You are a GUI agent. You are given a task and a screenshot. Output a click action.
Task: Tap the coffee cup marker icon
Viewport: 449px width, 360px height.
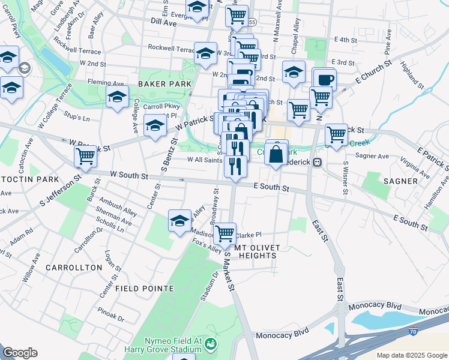[325, 79]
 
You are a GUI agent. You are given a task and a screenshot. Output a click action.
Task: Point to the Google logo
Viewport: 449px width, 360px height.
[20, 353]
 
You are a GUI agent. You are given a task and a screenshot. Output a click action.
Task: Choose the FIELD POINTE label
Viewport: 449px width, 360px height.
[145, 289]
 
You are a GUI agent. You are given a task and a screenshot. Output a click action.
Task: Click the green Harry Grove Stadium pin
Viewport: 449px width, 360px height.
[211, 344]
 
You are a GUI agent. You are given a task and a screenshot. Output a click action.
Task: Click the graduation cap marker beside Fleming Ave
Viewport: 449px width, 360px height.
[118, 97]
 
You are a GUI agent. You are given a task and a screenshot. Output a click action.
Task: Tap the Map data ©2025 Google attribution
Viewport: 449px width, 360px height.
[412, 355]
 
